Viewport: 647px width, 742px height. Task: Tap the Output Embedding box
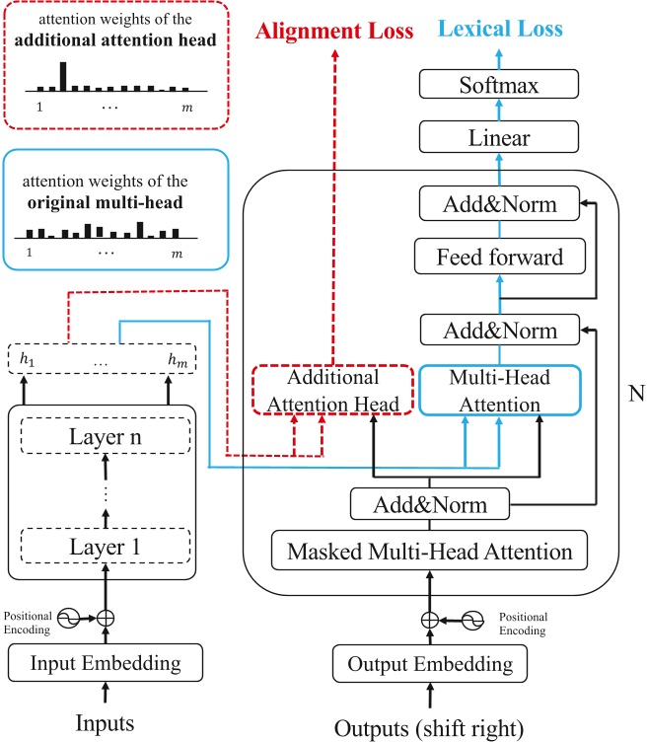tap(429, 662)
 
